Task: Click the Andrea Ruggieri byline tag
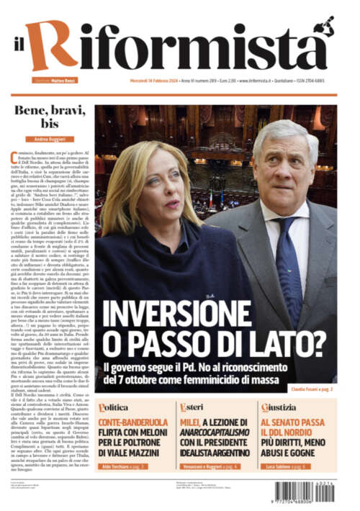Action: pos(48,138)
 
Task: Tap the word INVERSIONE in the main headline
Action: pos(186,313)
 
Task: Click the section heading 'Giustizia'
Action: pos(279,407)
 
